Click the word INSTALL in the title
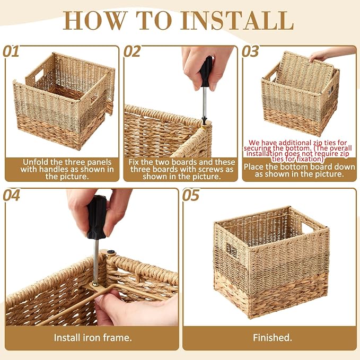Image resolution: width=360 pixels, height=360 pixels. [238, 20]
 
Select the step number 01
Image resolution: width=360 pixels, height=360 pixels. [11, 51]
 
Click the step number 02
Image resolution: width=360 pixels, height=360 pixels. [132, 51]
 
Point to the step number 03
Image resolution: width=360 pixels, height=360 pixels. [250, 51]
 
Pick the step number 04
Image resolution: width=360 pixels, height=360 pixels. [12, 195]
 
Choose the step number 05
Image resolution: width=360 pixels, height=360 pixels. [191, 195]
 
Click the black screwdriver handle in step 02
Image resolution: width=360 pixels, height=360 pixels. [206, 72]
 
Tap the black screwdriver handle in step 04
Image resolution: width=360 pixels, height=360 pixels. [96, 217]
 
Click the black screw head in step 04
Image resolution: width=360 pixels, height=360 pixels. [111, 252]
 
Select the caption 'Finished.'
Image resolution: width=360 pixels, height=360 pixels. [273, 338]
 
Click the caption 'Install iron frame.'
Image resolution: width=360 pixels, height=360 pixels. [93, 338]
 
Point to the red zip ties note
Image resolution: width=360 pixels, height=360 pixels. [297, 151]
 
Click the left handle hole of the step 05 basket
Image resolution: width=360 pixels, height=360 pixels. [232, 250]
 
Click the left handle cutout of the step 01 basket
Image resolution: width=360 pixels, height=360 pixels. [39, 75]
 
